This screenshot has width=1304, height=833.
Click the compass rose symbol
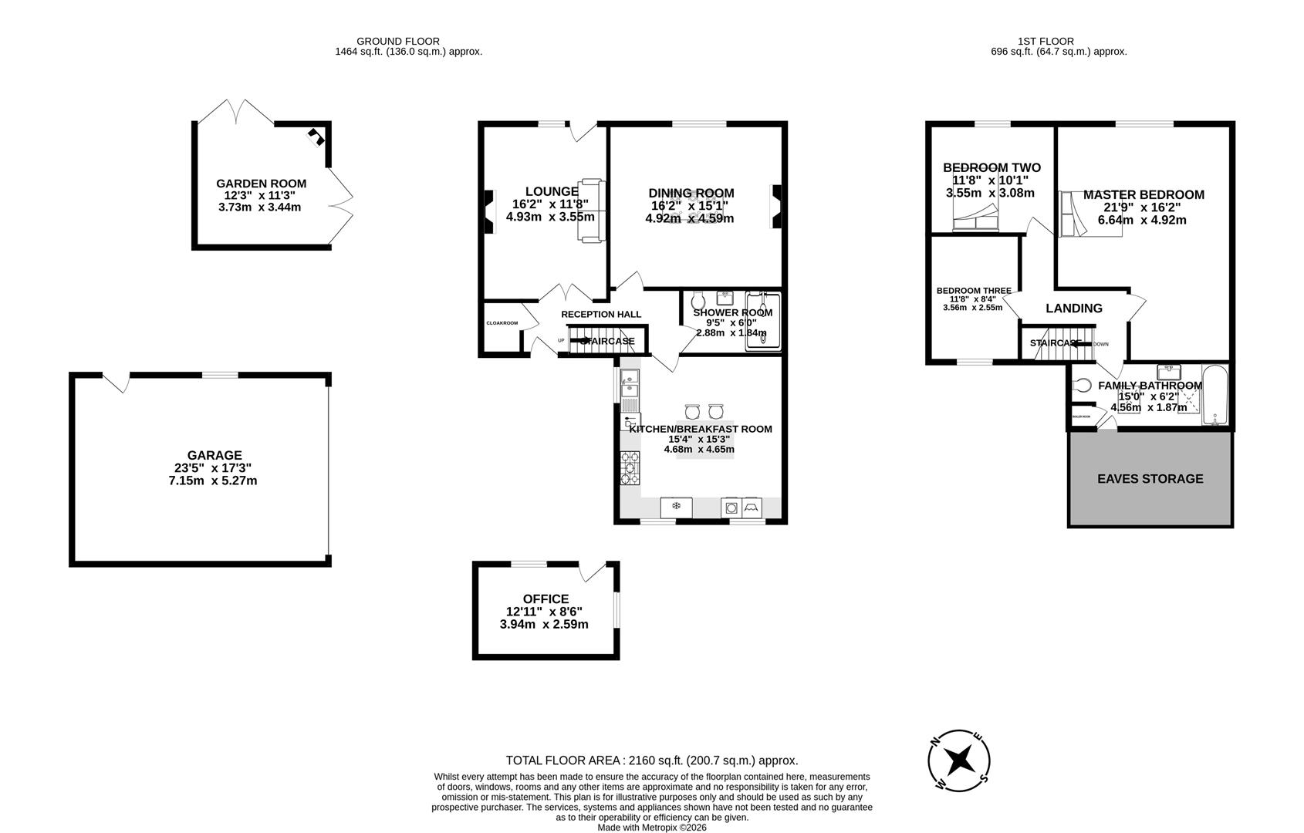[959, 760]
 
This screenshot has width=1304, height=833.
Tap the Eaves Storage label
[1150, 479]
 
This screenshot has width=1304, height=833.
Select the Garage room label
[214, 456]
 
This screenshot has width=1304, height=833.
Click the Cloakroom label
[502, 323]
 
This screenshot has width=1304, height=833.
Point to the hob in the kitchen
[630, 467]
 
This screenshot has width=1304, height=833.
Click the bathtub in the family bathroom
[1214, 394]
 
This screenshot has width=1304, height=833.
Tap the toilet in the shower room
[698, 299]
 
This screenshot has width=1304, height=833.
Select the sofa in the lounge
[591, 211]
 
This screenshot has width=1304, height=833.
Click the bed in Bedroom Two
[975, 219]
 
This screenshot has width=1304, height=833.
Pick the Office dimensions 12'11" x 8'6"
[544, 612]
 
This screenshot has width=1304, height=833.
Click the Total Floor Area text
[651, 760]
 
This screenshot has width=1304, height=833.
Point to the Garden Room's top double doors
[236, 112]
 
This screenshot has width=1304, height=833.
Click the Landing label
[1073, 309]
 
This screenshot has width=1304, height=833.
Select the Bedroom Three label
[973, 291]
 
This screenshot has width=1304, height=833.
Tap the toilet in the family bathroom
[1082, 385]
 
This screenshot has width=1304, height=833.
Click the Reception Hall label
[600, 314]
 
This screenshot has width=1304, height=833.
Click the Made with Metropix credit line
[651, 828]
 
